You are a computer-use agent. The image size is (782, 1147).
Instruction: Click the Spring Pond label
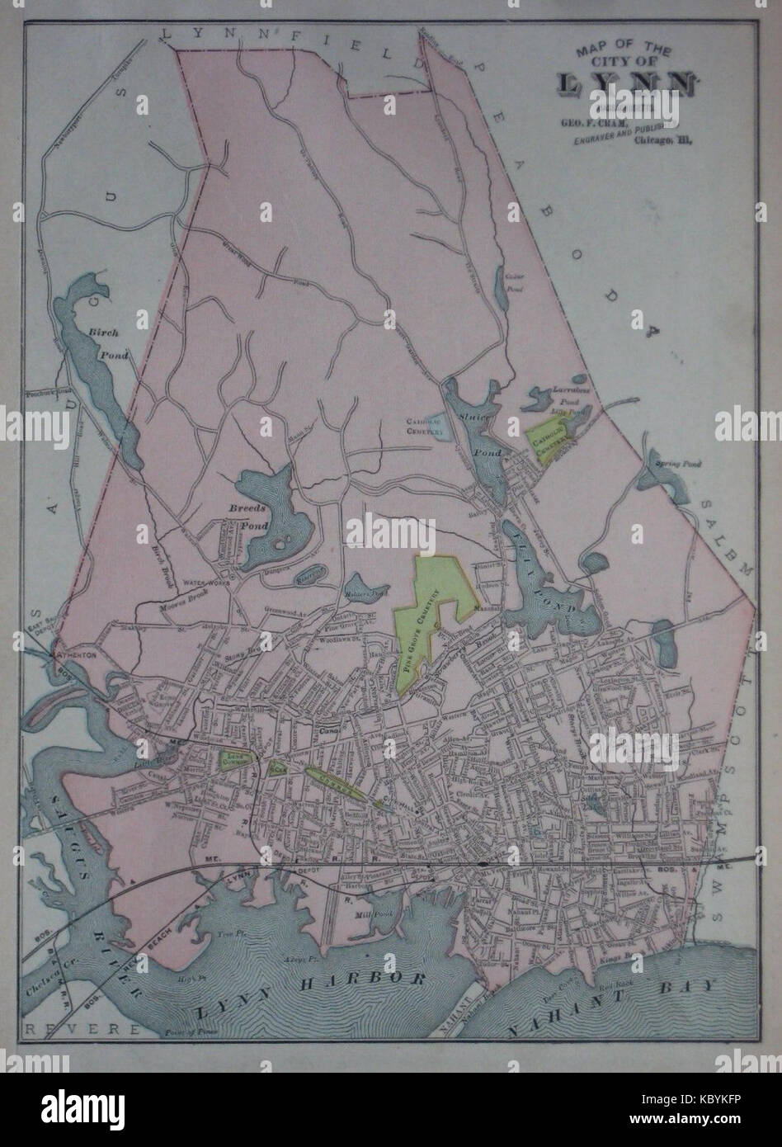point(677,465)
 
